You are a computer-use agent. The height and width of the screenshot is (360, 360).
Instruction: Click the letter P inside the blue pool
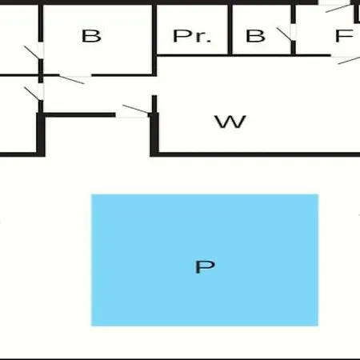pyautogui.click(x=205, y=266)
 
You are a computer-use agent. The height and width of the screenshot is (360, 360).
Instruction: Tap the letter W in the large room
pyautogui.click(x=230, y=122)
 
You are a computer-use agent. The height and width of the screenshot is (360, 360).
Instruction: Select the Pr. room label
pyautogui.click(x=192, y=36)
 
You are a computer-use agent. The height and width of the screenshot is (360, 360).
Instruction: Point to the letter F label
pyautogui.click(x=344, y=36)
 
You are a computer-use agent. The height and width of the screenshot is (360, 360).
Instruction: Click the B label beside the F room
pyautogui.click(x=255, y=36)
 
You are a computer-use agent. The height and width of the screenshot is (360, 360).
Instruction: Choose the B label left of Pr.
pyautogui.click(x=91, y=36)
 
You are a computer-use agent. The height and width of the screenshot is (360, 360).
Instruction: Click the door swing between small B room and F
pyautogui.click(x=284, y=34)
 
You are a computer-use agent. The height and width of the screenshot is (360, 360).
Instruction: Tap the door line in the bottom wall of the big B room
pyautogui.click(x=71, y=80)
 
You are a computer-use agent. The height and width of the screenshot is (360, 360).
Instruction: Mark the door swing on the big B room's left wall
pyautogui.click(x=32, y=52)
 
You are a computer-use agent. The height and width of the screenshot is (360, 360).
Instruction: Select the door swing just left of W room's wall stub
pyautogui.click(x=136, y=109)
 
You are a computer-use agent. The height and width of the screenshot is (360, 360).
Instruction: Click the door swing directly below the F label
pyautogui.click(x=349, y=60)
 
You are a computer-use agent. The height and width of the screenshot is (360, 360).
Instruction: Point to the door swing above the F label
pyautogui.click(x=338, y=8)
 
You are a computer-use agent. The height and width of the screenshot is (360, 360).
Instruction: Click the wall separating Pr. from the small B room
pyautogui.click(x=230, y=30)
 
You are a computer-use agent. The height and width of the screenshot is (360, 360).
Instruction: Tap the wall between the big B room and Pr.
pyautogui.click(x=154, y=40)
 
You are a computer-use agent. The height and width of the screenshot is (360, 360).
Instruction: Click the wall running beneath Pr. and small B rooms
pyautogui.click(x=243, y=55)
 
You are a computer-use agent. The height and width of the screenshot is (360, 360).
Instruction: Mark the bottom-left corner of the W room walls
pyautogui.click(x=152, y=155)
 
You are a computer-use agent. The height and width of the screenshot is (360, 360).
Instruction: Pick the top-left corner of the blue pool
pyautogui.click(x=91, y=194)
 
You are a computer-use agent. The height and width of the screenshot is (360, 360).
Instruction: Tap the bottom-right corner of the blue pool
pyautogui.click(x=318, y=326)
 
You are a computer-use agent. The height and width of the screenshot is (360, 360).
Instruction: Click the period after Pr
pyautogui.click(x=210, y=41)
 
